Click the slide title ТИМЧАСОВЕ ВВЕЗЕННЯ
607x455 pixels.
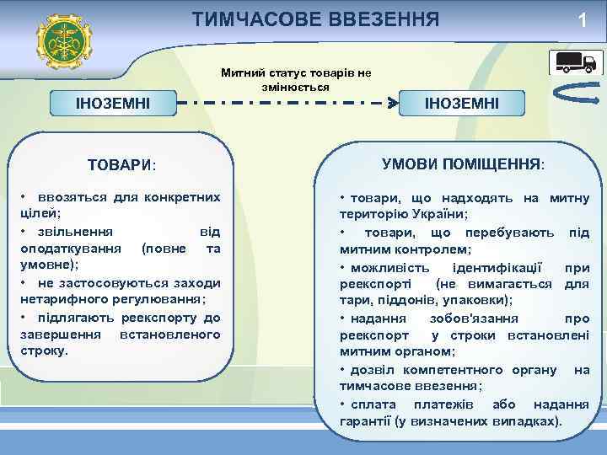click(315, 19)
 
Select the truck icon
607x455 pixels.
click(573, 62)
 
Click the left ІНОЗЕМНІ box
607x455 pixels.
click(113, 104)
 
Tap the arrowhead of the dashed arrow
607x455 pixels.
click(391, 104)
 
